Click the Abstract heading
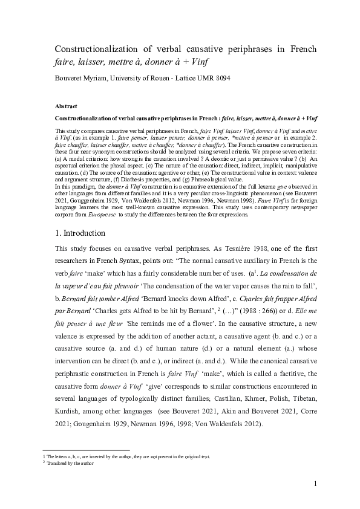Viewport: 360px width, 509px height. [66, 106]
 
